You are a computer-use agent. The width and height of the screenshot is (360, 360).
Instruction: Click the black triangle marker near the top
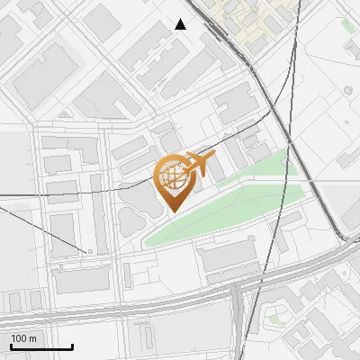pos(181,24)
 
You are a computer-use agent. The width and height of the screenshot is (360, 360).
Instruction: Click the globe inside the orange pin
pos(173,175)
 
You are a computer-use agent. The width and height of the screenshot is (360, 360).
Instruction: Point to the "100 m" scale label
pos(23,338)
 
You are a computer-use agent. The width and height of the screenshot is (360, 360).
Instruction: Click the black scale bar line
pos(41,346)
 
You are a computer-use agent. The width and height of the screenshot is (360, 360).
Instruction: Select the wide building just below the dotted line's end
pos(82,278)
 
